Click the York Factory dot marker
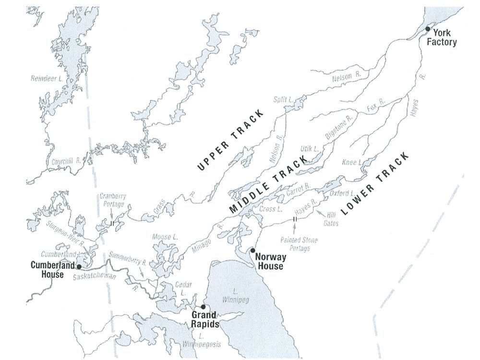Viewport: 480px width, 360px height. [x=428, y=29]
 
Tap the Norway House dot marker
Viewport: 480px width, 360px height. [x=253, y=250]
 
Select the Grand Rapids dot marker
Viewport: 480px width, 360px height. [x=203, y=307]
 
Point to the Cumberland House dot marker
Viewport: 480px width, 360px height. [x=79, y=265]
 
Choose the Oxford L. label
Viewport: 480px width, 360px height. [x=342, y=193]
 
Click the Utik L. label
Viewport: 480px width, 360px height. [x=310, y=150]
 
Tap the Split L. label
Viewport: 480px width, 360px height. [x=283, y=100]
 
